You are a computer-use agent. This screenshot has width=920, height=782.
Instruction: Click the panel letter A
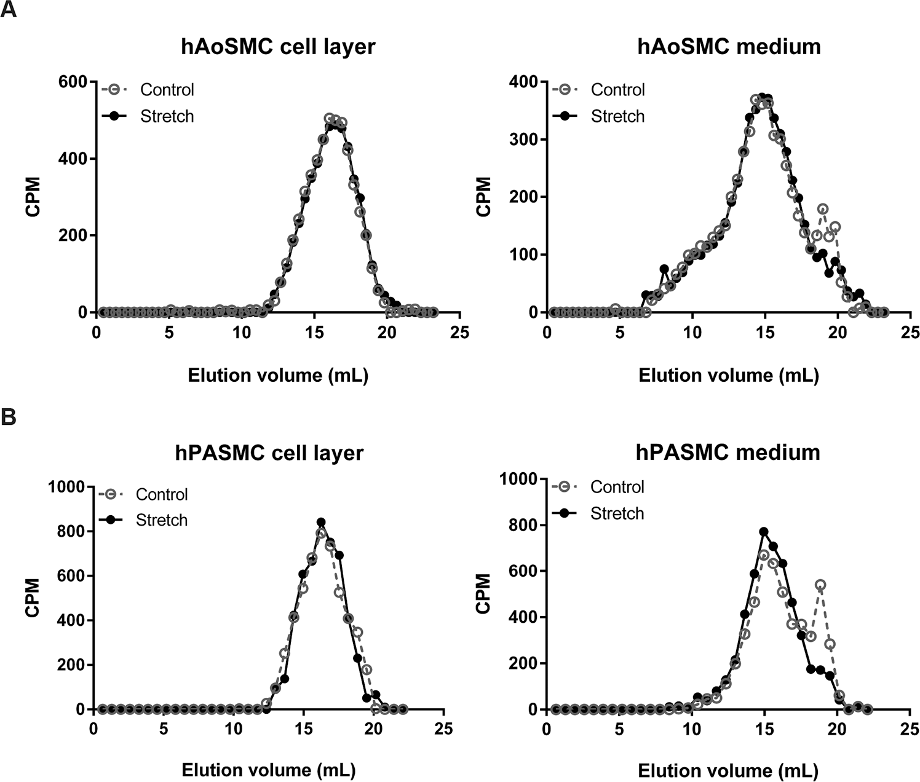tap(8, 9)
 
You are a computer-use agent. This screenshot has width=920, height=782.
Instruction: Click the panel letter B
tap(9, 417)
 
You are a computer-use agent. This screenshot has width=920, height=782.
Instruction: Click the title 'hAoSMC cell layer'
tap(278, 47)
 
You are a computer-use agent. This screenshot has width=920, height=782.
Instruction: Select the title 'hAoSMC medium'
tap(729, 46)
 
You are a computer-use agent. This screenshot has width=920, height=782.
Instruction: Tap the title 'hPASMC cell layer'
tap(269, 454)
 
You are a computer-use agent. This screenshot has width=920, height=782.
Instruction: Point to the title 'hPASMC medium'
tap(728, 452)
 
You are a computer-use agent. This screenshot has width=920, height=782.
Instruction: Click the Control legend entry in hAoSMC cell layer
tap(148, 90)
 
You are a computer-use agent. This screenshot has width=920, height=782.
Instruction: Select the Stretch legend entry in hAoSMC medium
tap(598, 116)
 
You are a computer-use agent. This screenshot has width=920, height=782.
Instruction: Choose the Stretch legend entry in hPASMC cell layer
tap(143, 520)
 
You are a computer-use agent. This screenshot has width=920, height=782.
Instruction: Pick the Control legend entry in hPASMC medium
tap(598, 487)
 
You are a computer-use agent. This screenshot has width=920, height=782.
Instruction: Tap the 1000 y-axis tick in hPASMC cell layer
tap(66, 487)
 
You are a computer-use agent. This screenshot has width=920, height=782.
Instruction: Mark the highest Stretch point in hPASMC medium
tap(764, 532)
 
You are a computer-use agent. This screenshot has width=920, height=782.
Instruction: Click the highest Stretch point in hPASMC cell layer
tap(321, 522)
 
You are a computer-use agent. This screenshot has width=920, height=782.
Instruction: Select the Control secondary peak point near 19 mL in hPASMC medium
tap(821, 585)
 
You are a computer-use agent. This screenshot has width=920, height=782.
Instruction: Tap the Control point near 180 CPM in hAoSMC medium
tap(823, 209)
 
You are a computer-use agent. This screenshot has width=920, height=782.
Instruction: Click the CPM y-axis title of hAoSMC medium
tap(483, 197)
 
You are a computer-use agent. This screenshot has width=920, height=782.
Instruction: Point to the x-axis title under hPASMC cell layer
tap(269, 770)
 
